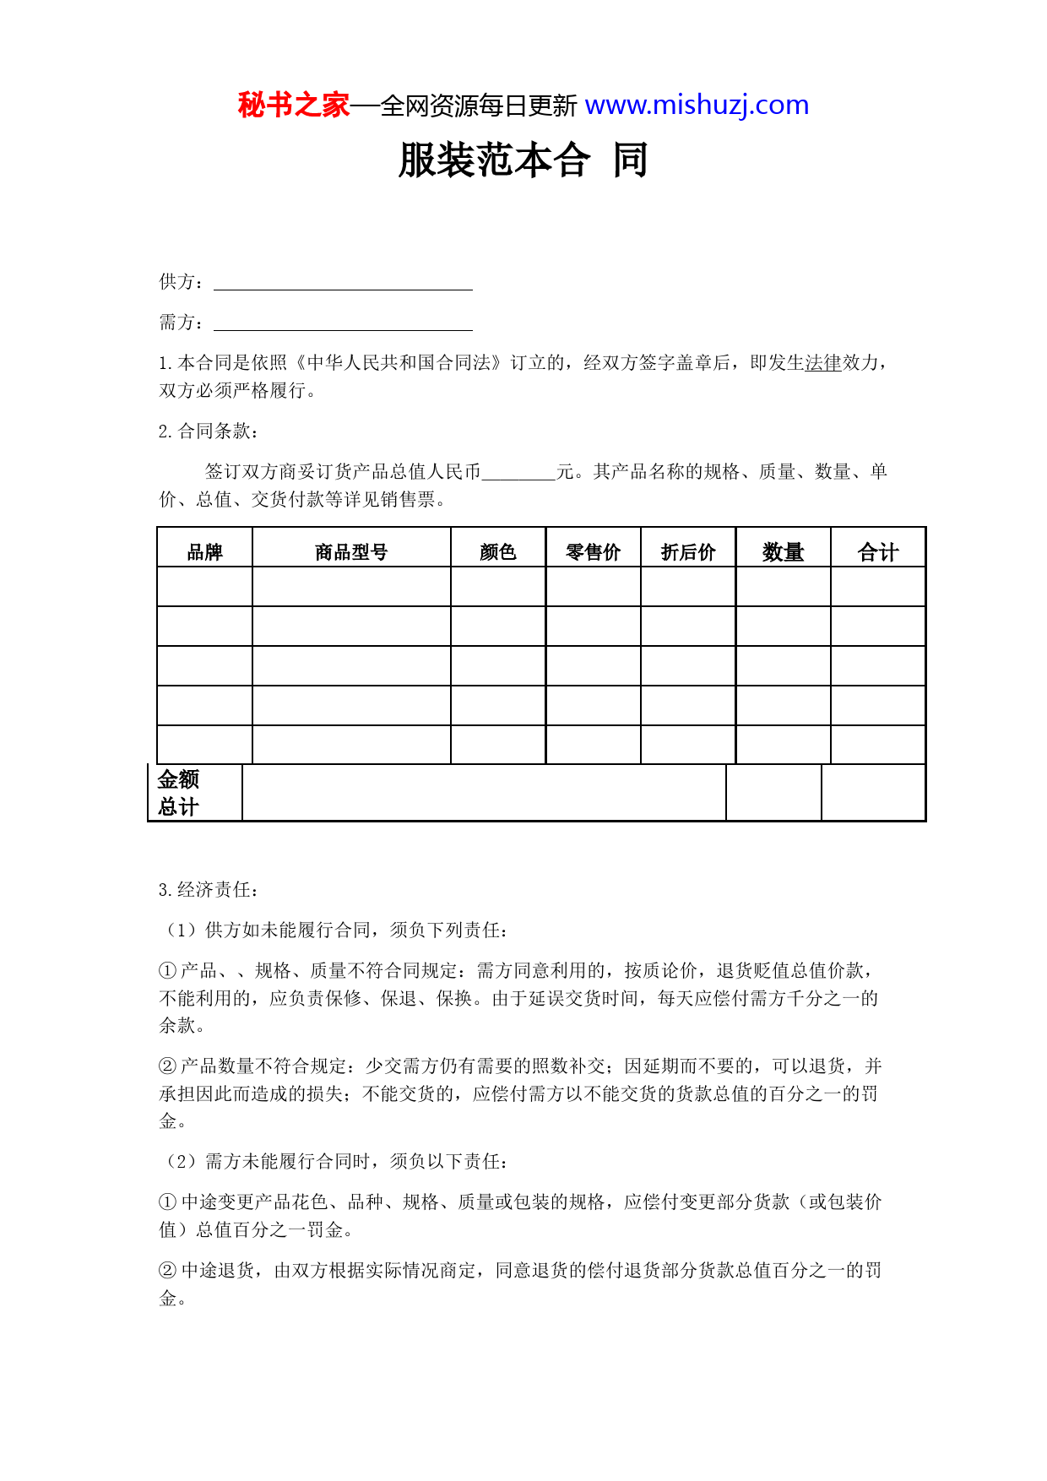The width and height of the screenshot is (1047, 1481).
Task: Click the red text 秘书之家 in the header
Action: [x=293, y=106]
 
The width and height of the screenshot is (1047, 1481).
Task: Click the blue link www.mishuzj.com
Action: [x=697, y=106]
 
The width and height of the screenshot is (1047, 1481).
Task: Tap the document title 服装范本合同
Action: [x=523, y=160]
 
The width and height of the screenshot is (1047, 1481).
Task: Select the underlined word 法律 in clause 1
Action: [x=823, y=363]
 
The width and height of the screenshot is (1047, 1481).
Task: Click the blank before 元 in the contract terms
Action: [x=518, y=472]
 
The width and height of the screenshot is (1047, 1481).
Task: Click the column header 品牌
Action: [x=204, y=552]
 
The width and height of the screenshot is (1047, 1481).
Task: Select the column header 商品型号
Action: [x=351, y=552]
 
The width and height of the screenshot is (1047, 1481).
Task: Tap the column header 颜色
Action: [x=498, y=552]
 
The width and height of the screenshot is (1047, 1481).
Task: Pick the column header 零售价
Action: [x=593, y=552]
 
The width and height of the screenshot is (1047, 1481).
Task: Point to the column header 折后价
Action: [x=688, y=552]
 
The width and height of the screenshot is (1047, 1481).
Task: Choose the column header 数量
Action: [x=783, y=552]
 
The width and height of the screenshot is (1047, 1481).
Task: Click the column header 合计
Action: [x=878, y=552]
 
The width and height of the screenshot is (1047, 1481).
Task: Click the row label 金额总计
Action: [x=178, y=793]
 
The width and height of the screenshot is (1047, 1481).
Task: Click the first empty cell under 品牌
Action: [x=204, y=587]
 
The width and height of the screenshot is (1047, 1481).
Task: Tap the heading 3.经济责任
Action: [x=209, y=889]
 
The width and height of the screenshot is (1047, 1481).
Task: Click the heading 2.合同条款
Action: [x=209, y=431]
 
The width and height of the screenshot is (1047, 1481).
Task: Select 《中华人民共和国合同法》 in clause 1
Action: [x=396, y=363]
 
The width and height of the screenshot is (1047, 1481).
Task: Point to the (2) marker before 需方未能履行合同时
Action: [x=182, y=1162]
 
